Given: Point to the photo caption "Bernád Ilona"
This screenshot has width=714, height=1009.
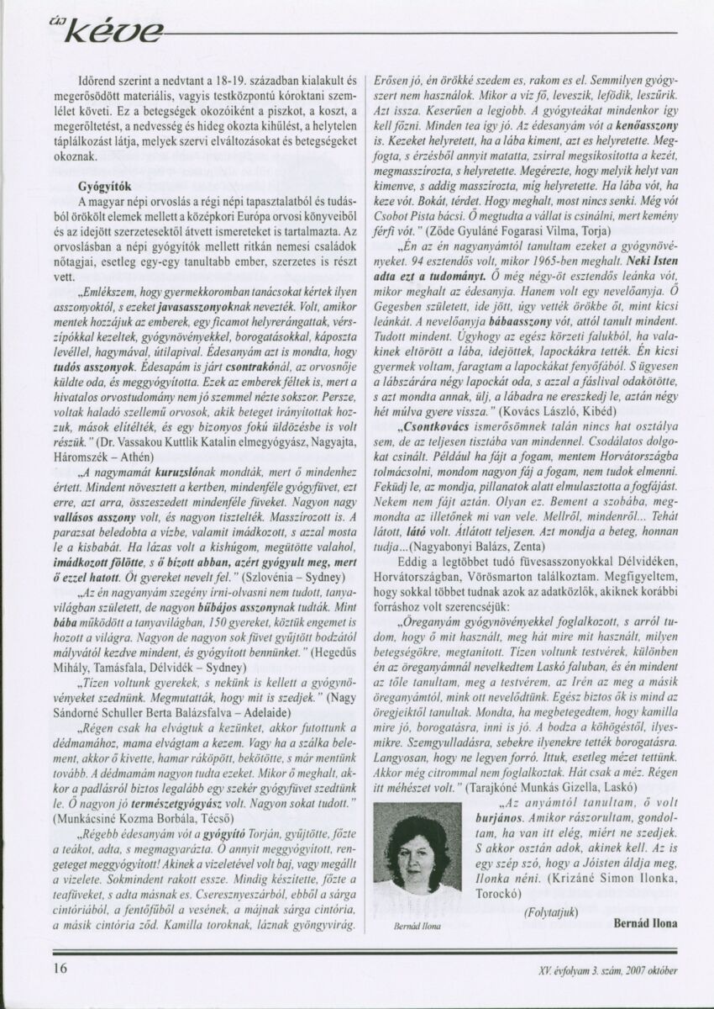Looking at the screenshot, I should click(411, 922).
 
